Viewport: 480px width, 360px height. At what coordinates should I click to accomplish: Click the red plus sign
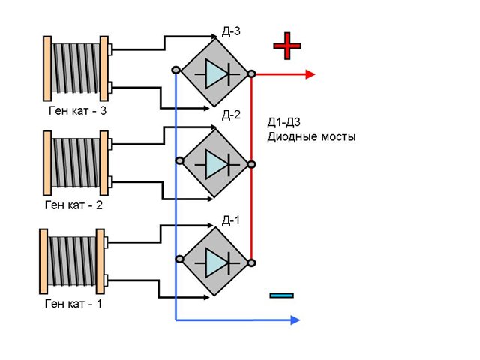287,46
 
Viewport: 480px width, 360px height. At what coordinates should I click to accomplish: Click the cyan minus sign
280,295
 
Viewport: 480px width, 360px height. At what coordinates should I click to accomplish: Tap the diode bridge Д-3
214,73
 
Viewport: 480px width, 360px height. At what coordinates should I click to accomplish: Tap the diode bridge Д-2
214,160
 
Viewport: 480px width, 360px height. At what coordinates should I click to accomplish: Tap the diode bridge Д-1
214,260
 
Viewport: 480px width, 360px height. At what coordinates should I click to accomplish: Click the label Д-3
231,32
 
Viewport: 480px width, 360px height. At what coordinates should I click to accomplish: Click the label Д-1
231,219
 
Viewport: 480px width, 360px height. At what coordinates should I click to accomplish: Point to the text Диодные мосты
311,138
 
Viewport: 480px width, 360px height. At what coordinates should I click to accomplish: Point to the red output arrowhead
310,73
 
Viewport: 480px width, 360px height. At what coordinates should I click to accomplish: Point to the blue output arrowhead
295,320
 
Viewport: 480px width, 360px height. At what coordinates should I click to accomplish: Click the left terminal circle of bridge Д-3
175,70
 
